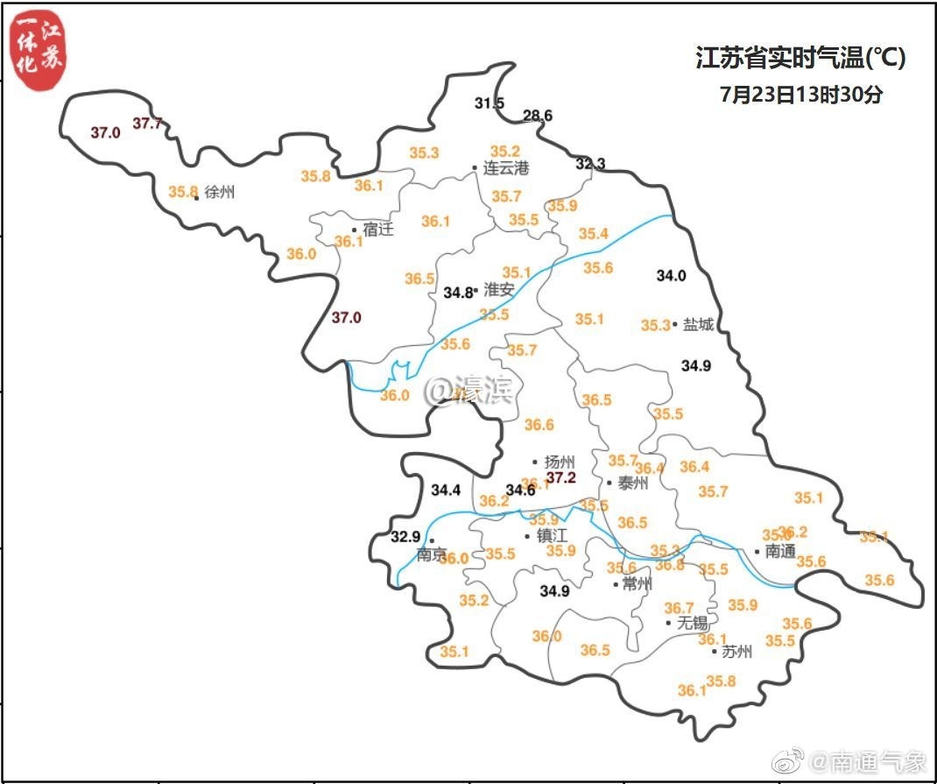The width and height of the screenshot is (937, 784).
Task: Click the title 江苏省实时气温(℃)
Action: pyautogui.click(x=800, y=59)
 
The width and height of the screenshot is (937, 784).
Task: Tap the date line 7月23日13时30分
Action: pyautogui.click(x=800, y=95)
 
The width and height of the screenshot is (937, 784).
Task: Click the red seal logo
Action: pyautogui.click(x=39, y=53)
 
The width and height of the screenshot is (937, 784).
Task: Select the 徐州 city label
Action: pyautogui.click(x=220, y=193)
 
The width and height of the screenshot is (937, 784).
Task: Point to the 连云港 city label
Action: pyautogui.click(x=506, y=167)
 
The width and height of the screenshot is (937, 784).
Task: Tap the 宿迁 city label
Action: pyautogui.click(x=378, y=230)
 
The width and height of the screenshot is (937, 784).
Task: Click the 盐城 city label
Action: pyautogui.click(x=698, y=324)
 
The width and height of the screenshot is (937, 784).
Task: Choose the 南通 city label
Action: pyautogui.click(x=780, y=552)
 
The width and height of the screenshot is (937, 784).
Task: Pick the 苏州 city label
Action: pyautogui.click(x=736, y=651)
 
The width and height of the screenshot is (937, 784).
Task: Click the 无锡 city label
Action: pyautogui.click(x=692, y=623)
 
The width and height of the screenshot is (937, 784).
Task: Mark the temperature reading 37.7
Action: pyautogui.click(x=147, y=124)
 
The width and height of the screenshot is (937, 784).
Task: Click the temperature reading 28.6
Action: pyautogui.click(x=538, y=116)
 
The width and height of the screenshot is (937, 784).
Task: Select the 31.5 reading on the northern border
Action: pyautogui.click(x=490, y=103)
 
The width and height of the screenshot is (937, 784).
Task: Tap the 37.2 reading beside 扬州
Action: pyautogui.click(x=560, y=477)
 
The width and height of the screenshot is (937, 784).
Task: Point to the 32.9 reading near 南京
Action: pyautogui.click(x=405, y=536)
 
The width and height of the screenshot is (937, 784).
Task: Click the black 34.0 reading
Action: pyautogui.click(x=671, y=275)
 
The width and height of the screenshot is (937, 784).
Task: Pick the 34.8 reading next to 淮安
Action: pyautogui.click(x=458, y=292)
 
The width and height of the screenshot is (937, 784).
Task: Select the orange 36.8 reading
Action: pyautogui.click(x=669, y=565)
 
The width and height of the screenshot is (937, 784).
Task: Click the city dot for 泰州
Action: pyautogui.click(x=609, y=483)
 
